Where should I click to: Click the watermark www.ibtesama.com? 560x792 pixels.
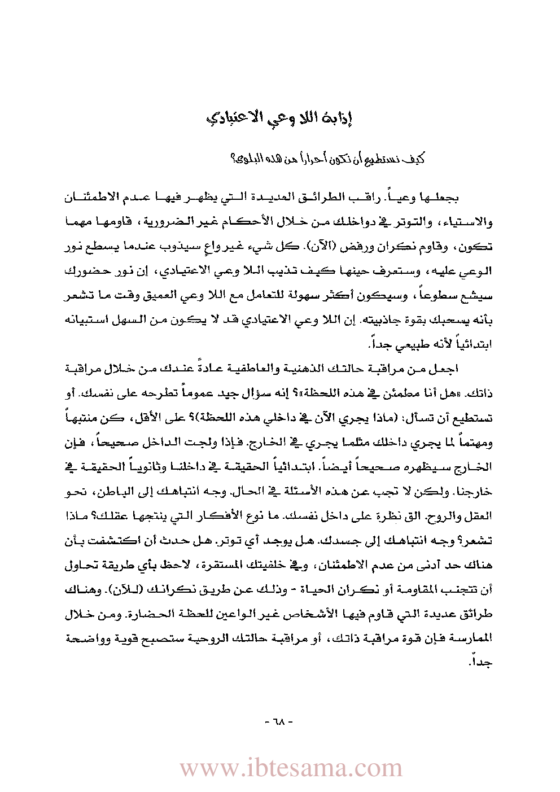[291, 768]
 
